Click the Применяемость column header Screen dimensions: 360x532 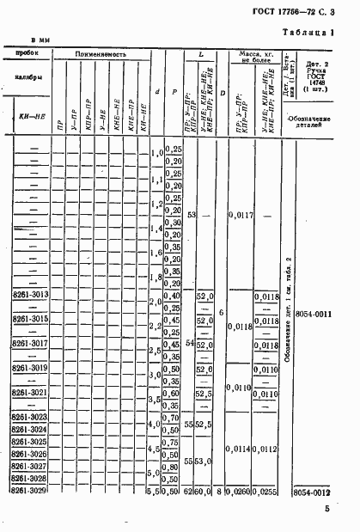point(101,54)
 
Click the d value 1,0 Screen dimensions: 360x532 point(157,153)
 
